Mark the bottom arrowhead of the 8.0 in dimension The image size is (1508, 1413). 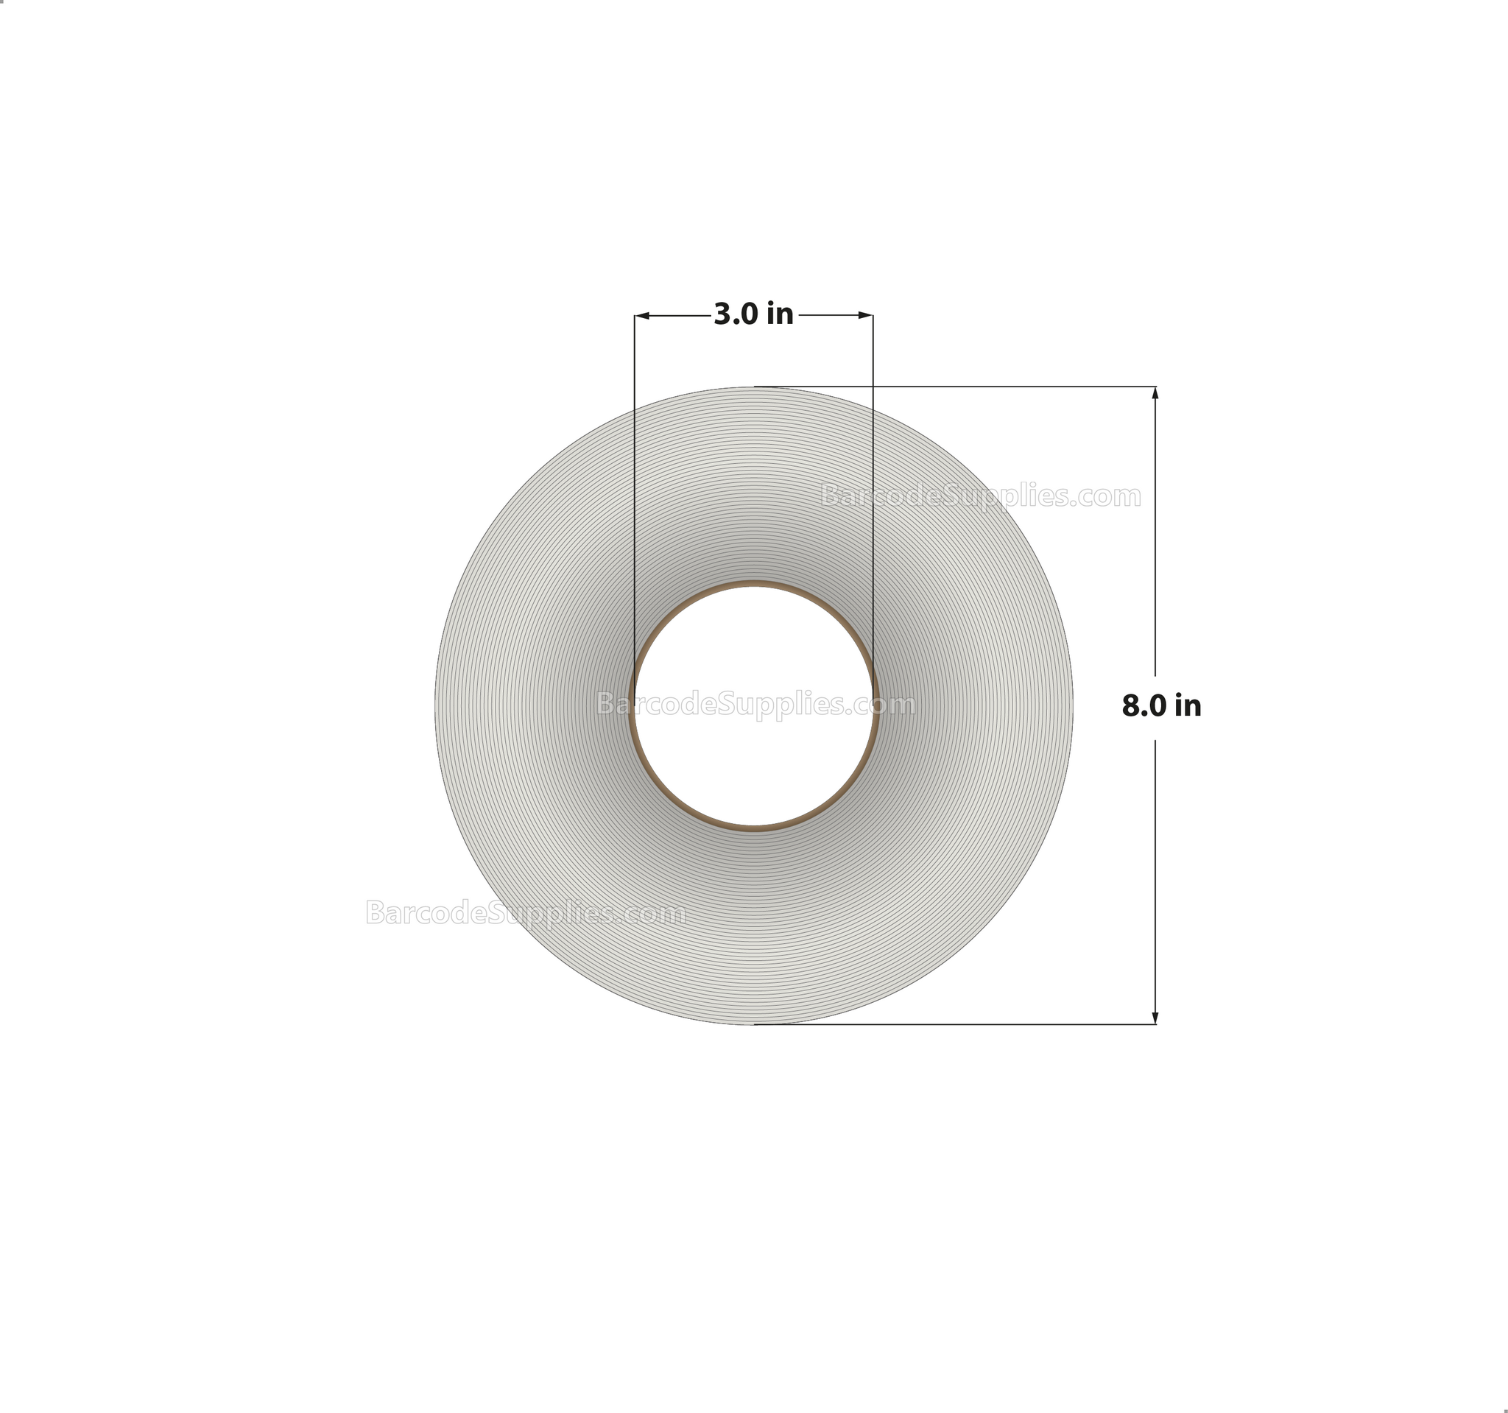coord(1155,1018)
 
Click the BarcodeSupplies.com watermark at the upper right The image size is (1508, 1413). coord(981,496)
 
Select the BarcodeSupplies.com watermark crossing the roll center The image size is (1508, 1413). coord(755,704)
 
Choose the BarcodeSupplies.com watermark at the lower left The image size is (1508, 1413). coord(526,912)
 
